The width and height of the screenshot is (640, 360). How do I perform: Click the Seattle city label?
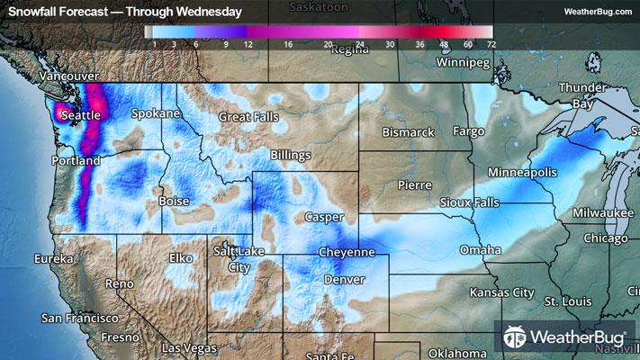coord(79,115)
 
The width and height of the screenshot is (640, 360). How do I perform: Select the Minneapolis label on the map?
coord(522,172)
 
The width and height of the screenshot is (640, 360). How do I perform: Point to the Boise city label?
coord(174,202)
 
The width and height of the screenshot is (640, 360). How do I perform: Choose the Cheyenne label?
coord(347,254)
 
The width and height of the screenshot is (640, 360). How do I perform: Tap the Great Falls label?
coord(253,117)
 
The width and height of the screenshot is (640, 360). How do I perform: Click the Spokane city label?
coord(156,114)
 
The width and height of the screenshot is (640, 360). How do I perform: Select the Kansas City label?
coord(501,293)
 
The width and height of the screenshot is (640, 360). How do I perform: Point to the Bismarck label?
coord(408,132)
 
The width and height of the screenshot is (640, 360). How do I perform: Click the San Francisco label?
coord(80,319)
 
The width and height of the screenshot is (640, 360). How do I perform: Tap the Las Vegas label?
coord(188,347)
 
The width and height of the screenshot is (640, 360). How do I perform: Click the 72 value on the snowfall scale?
coord(490,42)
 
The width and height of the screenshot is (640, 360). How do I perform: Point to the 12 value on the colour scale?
coord(246,42)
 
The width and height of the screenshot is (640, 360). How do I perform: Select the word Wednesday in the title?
coord(210,12)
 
